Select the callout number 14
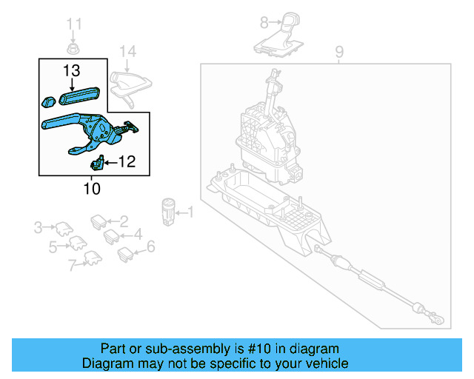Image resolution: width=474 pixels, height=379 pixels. click(128, 51)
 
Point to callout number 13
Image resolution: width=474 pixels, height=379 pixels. click(71, 70)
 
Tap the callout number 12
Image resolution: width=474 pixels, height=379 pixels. click(127, 161)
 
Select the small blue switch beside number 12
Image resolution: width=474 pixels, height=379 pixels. click(97, 164)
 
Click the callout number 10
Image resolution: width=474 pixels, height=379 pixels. click(91, 189)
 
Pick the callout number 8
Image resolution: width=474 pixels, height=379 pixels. click(264, 23)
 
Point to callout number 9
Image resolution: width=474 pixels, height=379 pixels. click(339, 52)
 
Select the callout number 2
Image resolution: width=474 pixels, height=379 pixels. click(124, 220)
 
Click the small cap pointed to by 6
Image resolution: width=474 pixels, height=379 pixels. click(124, 253)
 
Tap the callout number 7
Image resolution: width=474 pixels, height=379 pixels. click(72, 265)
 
